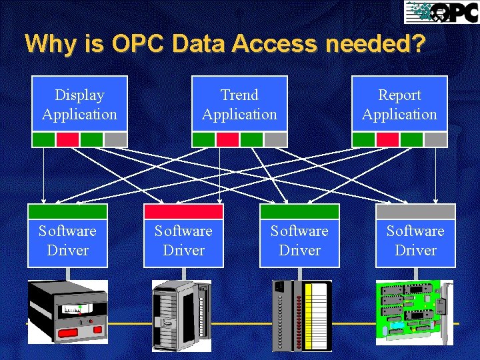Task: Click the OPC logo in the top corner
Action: tap(441, 12)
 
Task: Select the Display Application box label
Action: tap(79, 105)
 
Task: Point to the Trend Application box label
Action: tap(239, 105)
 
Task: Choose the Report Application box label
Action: tap(399, 105)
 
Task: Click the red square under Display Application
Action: tap(67, 139)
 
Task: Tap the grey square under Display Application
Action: tap(115, 139)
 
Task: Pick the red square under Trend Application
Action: tap(227, 139)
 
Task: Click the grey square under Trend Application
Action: tap(275, 139)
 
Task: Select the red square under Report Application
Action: tap(387, 139)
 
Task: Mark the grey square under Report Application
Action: tap(435, 139)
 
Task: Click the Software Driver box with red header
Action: tap(183, 241)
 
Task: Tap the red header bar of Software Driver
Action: tap(183, 211)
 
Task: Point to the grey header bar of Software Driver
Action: tap(415, 211)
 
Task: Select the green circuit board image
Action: tap(414, 312)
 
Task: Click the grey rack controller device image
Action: tap(181, 315)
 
